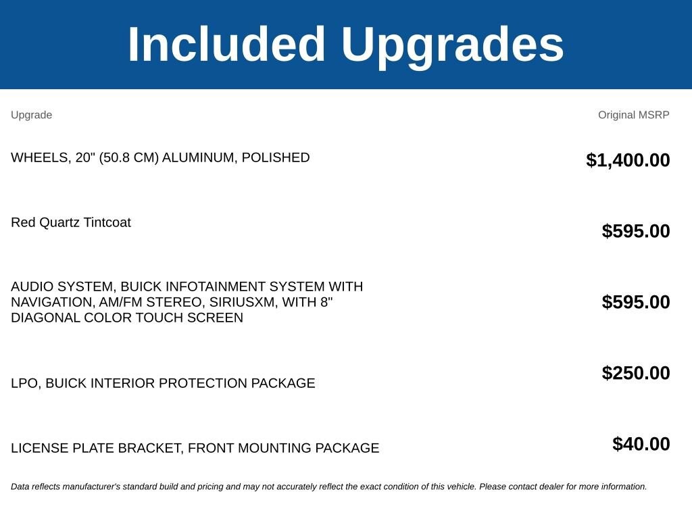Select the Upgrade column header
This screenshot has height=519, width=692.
point(31,115)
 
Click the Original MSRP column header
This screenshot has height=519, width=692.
point(634,115)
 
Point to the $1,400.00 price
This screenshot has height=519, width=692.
point(628,160)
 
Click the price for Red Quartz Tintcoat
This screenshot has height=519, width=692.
point(636,231)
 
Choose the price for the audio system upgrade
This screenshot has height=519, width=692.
point(636,302)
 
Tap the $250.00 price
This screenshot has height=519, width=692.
point(636,373)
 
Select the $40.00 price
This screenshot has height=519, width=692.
point(641,444)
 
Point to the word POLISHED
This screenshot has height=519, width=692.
point(276,157)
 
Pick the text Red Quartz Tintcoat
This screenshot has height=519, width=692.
point(71,222)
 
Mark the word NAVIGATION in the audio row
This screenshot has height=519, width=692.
point(53,303)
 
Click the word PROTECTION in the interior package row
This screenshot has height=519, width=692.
point(203,383)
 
